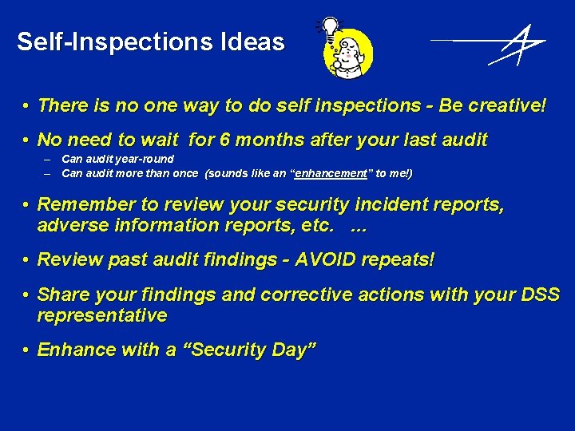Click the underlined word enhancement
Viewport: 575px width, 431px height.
(x=331, y=173)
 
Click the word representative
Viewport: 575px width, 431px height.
(x=102, y=315)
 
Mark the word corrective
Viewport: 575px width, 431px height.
(x=302, y=295)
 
